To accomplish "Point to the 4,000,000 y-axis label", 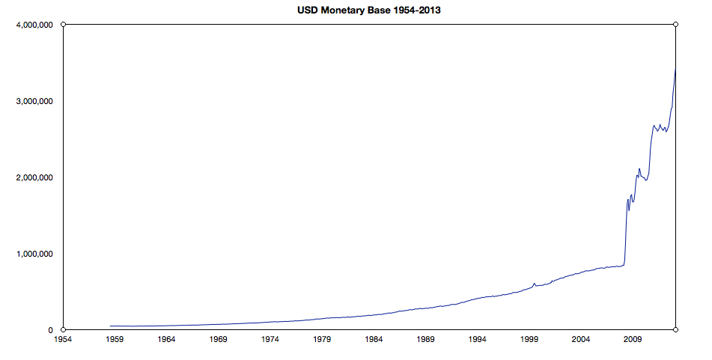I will [32, 25].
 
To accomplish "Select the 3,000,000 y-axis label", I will [32, 101].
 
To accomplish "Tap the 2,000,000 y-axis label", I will [32, 177].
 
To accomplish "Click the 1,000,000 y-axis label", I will [32, 254].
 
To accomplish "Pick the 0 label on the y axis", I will [50, 330].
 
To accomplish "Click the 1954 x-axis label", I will [63, 339].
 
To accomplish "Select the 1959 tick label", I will [115, 339].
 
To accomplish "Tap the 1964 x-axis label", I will [166, 339].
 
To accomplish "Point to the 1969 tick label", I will [219, 339].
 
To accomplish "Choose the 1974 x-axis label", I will [270, 339].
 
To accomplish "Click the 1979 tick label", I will [322, 339].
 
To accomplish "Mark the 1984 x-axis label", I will [374, 339].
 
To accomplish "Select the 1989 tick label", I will [426, 339].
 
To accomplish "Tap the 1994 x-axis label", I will [478, 339].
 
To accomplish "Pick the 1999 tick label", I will [530, 339].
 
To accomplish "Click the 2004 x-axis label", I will [582, 339].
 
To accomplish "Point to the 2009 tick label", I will [633, 339].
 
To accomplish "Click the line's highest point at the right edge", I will [675, 69].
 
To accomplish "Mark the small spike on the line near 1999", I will [534, 283].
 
